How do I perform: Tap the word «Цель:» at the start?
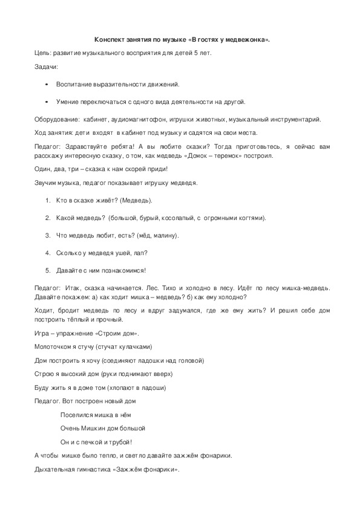[x=43, y=53]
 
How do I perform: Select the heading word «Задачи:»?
[x=46, y=66]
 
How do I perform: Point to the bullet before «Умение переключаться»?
[x=47, y=102]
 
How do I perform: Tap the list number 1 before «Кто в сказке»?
[x=48, y=200]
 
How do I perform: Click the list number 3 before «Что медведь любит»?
[x=48, y=235]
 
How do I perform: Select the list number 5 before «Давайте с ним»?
[x=48, y=270]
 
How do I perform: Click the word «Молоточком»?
[x=55, y=346]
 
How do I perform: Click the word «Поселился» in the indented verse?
[x=76, y=415]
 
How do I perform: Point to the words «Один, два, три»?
[x=55, y=169]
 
